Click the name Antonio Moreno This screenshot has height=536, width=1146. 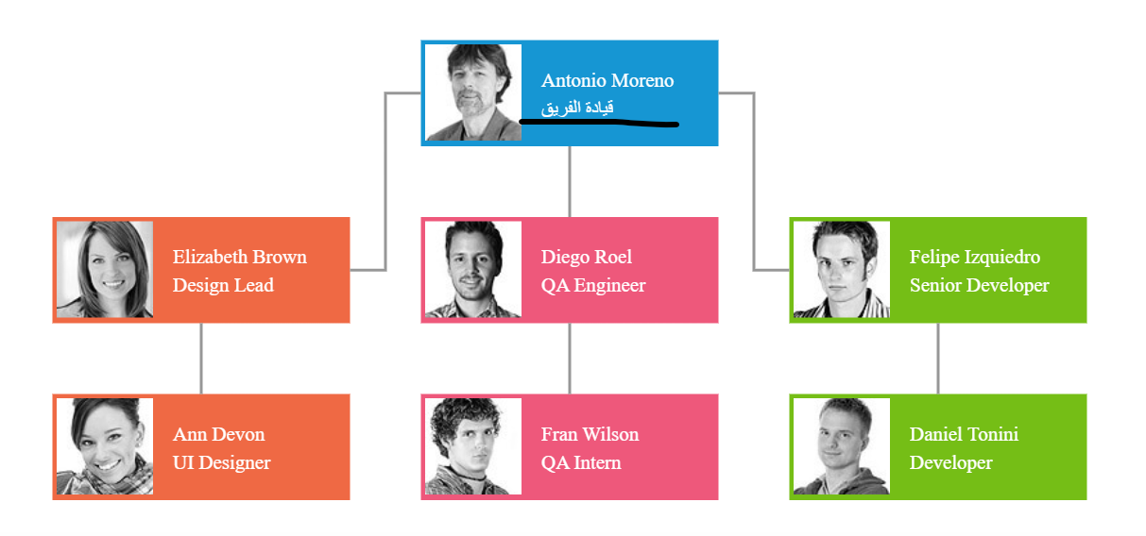pos(607,81)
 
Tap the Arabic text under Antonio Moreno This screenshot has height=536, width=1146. pos(577,108)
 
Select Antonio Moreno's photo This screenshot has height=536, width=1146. pos(473,92)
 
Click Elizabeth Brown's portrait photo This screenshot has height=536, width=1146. pos(105,269)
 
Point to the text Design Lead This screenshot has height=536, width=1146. pos(223,285)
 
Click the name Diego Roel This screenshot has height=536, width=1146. pos(587,257)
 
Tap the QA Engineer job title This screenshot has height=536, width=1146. pos(593,285)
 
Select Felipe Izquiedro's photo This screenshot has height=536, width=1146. pos(842,269)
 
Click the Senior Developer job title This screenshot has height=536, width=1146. pos(979,285)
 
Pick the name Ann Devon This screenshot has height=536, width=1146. pos(218,434)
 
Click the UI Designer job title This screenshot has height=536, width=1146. pos(221,462)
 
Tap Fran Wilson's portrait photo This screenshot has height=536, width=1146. pos(473,446)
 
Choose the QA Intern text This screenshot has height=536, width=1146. pos(581,462)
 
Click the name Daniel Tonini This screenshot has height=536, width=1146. pos(964,434)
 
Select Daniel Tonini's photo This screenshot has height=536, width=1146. pos(842,446)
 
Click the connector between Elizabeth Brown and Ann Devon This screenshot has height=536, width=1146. pos(201,359)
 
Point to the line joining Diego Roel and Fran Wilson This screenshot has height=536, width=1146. pos(570,359)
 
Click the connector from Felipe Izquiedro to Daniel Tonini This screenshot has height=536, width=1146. pos(938,359)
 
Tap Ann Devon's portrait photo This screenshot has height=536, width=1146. pos(105,446)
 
